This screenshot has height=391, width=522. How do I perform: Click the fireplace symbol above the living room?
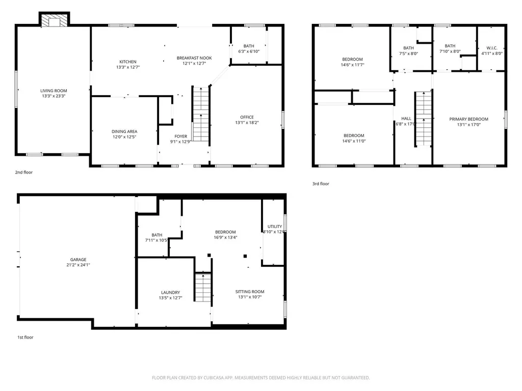(x=54, y=20)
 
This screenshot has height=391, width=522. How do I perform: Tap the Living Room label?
(x=54, y=91)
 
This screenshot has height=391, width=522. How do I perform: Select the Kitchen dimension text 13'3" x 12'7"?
(x=127, y=67)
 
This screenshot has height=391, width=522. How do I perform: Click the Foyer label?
(x=181, y=136)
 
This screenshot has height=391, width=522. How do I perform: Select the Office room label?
(x=247, y=117)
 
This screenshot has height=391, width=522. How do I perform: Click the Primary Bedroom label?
(x=468, y=119)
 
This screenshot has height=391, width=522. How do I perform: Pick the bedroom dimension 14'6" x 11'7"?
(x=352, y=65)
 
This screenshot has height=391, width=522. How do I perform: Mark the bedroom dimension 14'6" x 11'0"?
(x=353, y=141)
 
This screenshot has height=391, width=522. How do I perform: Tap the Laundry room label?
(x=170, y=292)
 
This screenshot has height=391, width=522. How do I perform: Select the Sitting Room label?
(x=250, y=292)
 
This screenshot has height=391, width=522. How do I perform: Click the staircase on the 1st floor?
(x=203, y=289)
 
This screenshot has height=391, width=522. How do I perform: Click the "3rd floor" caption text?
(x=321, y=184)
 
